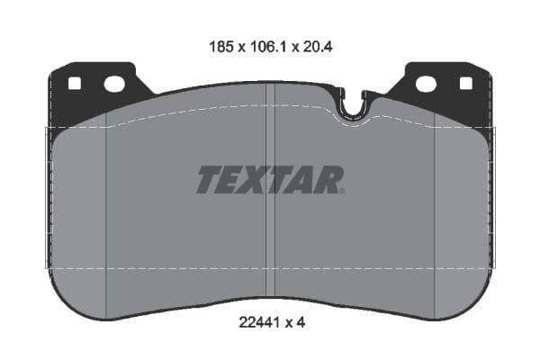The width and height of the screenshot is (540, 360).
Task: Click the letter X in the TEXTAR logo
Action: (257, 180)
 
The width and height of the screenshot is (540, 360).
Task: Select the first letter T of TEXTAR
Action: (208, 180)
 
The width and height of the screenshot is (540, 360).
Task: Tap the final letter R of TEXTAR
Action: (328, 180)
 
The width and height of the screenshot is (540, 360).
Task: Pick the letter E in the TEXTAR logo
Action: (232, 180)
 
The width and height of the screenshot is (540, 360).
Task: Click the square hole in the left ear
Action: (75, 84)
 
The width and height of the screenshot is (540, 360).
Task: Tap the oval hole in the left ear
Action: (114, 84)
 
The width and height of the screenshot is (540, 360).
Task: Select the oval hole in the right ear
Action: (426, 84)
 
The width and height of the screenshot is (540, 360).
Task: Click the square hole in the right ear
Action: (465, 84)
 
